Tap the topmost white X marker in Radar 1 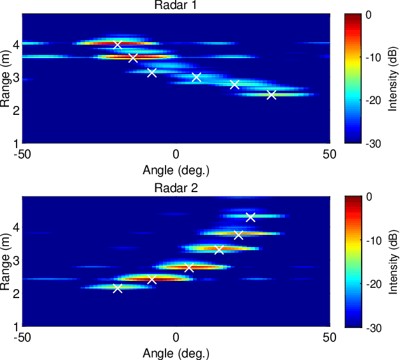point(118,45)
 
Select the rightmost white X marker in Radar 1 point(272,95)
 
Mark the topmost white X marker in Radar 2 point(250,217)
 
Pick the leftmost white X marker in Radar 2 point(118,289)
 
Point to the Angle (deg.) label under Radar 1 point(176,170)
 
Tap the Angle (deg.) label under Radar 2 point(176,353)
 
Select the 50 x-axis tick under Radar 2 point(329,338)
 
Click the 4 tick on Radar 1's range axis point(15,45)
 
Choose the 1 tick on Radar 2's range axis point(15,326)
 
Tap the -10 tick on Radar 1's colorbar point(376,57)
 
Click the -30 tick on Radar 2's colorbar point(376,327)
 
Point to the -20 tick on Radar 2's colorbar point(376,283)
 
